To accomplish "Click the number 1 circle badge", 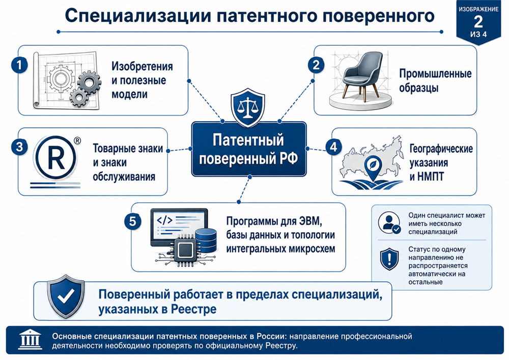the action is click(x=19, y=65).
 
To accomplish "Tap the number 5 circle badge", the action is click(x=133, y=221).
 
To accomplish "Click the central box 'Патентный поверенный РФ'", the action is click(x=249, y=149).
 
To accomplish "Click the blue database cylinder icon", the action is click(x=206, y=240).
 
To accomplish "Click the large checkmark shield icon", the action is click(x=66, y=296).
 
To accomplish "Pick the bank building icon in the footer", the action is click(x=30, y=339).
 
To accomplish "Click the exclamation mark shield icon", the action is click(x=389, y=259).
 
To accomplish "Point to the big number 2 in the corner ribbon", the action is click(x=478, y=22).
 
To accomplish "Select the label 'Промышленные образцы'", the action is click(x=435, y=80).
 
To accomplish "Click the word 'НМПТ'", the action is click(x=430, y=177).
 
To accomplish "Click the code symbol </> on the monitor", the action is click(x=164, y=220).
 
